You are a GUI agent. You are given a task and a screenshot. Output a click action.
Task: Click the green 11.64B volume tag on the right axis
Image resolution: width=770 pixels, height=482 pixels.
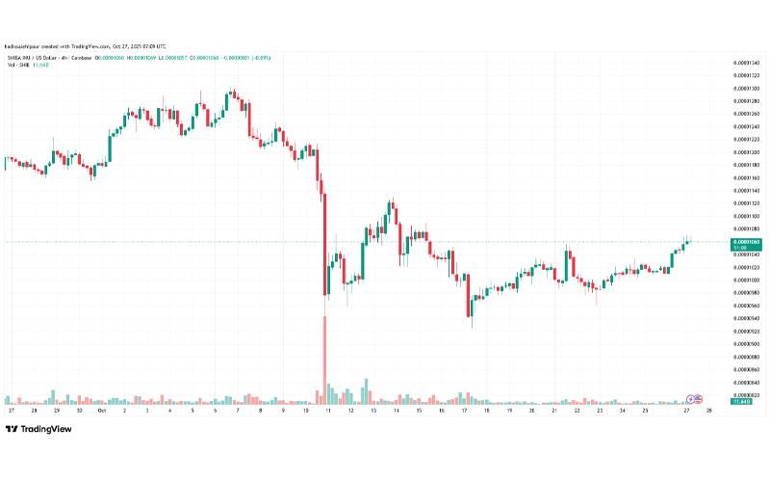pyautogui.click(x=742, y=402)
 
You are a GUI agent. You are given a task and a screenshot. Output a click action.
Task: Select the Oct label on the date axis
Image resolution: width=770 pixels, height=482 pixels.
pyautogui.click(x=101, y=410)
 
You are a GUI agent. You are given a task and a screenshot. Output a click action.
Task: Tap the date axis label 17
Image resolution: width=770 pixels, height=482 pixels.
pyautogui.click(x=464, y=410)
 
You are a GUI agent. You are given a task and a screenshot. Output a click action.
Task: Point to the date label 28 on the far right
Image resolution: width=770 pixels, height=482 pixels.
pyautogui.click(x=710, y=410)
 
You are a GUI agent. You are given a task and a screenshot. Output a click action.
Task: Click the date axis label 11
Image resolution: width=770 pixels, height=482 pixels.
pyautogui.click(x=327, y=410)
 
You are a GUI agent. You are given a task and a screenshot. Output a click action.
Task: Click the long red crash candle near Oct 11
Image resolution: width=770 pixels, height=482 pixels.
pyautogui.click(x=324, y=241)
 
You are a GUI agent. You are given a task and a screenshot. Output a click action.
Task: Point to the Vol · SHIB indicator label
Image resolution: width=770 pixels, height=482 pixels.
pyautogui.click(x=16, y=65)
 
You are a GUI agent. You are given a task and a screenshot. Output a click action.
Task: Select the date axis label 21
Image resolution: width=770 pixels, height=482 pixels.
pyautogui.click(x=554, y=410)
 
